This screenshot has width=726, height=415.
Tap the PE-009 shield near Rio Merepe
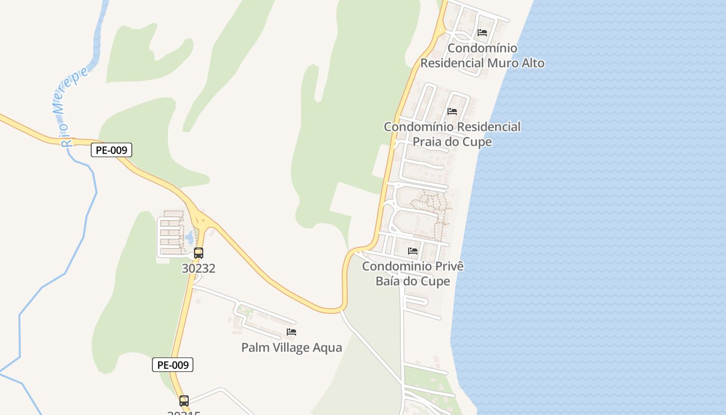pyautogui.click(x=111, y=150)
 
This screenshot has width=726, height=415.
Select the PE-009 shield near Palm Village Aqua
pyautogui.click(x=173, y=365)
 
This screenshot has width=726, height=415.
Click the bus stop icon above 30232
pyautogui.click(x=199, y=253)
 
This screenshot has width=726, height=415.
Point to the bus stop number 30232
pyautogui.click(x=199, y=268)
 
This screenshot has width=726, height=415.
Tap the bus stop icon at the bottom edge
pyautogui.click(x=184, y=400)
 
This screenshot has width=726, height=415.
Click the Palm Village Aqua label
pyautogui.click(x=291, y=348)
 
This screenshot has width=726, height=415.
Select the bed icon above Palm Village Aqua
pyautogui.click(x=291, y=332)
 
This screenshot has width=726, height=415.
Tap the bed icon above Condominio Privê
pyautogui.click(x=413, y=251)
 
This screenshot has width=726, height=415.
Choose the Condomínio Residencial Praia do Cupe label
pyautogui.click(x=452, y=134)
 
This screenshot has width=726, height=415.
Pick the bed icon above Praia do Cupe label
pyautogui.click(x=452, y=112)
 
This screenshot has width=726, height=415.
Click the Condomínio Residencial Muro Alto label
pyautogui.click(x=482, y=56)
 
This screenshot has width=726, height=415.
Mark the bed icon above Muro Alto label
pyautogui.click(x=482, y=33)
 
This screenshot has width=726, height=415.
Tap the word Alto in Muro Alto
pyautogui.click(x=529, y=63)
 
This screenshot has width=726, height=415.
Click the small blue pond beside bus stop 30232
pyautogui.click(x=189, y=238)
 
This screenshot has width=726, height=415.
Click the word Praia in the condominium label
pyautogui.click(x=428, y=142)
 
